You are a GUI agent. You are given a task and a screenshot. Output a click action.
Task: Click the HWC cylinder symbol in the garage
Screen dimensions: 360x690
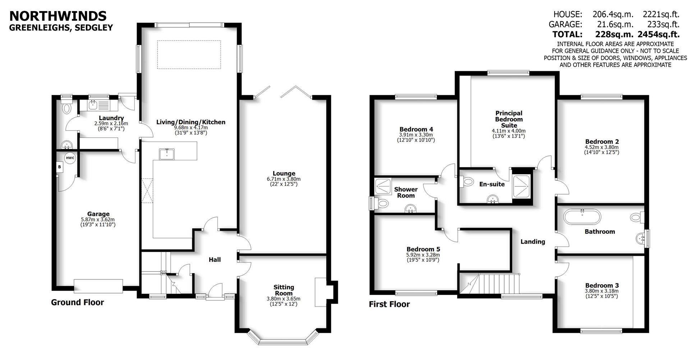(x=70, y=158)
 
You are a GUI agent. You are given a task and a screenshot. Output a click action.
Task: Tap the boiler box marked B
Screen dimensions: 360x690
(x=60, y=167)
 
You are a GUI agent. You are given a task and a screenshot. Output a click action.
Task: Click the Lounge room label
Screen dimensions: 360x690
(x=284, y=174)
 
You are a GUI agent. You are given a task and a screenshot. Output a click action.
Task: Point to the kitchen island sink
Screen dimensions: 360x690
(x=167, y=154)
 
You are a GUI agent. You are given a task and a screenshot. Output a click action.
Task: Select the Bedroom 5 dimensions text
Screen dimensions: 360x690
(x=423, y=258)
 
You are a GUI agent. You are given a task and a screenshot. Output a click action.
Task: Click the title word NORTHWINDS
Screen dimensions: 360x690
(x=57, y=16)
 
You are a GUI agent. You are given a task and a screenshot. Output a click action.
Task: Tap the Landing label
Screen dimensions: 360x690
(x=533, y=242)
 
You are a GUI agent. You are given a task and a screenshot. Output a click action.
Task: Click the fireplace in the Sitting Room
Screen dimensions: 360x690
(x=321, y=292)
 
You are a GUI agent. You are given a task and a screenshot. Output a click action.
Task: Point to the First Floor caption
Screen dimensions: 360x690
(x=389, y=304)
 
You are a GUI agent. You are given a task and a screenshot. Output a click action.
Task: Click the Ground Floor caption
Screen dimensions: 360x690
(x=77, y=302)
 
